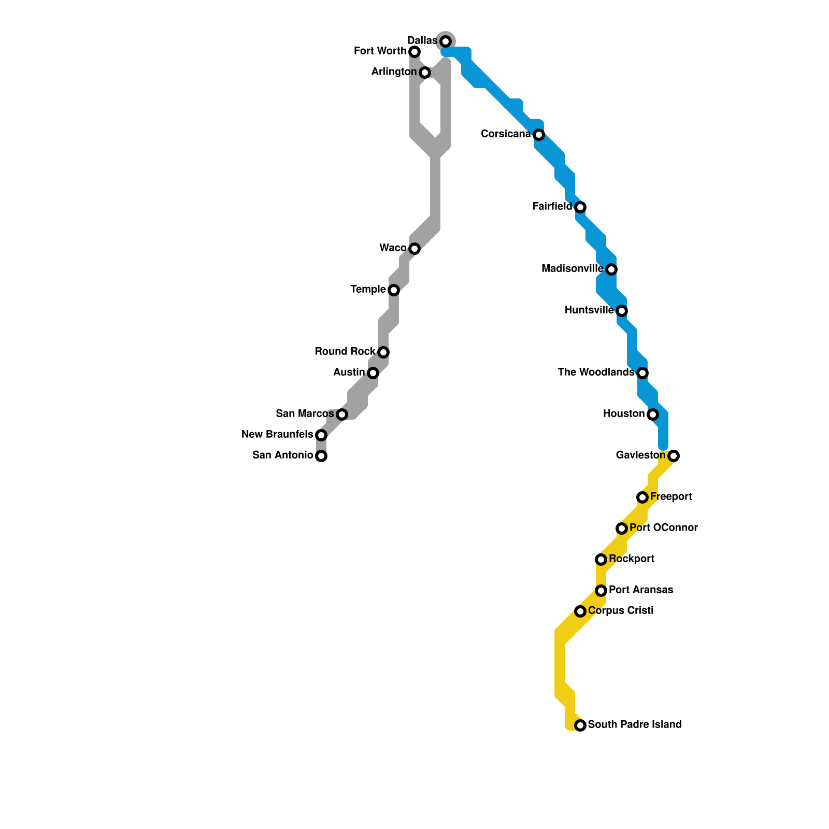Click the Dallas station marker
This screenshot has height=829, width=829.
pyautogui.click(x=446, y=41)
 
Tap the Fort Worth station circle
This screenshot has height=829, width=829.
pyautogui.click(x=414, y=52)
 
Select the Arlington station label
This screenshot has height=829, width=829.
pyautogui.click(x=394, y=72)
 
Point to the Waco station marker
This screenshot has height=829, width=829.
pyautogui.click(x=414, y=249)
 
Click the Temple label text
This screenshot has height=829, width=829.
pyautogui.click(x=368, y=289)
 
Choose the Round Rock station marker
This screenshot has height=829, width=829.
pyautogui.click(x=383, y=352)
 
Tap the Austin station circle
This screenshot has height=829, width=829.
pyautogui.click(x=373, y=373)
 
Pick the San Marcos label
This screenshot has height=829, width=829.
pyautogui.click(x=305, y=413)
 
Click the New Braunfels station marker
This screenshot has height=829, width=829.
pyautogui.click(x=321, y=435)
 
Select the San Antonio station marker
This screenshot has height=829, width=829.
pyautogui.click(x=321, y=456)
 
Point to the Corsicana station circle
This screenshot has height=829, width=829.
pyautogui.click(x=539, y=135)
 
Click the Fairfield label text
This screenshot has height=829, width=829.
pyautogui.click(x=552, y=206)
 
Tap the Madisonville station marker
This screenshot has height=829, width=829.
pyautogui.click(x=611, y=269)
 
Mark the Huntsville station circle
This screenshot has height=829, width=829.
pyautogui.click(x=622, y=311)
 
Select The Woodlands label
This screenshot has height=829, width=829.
pyautogui.click(x=596, y=372)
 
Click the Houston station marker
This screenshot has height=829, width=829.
pyautogui.click(x=653, y=414)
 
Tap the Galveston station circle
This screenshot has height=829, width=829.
pyautogui.click(x=674, y=456)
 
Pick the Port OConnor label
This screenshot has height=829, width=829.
pyautogui.click(x=664, y=527)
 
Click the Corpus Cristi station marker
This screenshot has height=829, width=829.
pyautogui.click(x=580, y=611)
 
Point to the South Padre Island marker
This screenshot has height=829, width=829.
pyautogui.click(x=580, y=725)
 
